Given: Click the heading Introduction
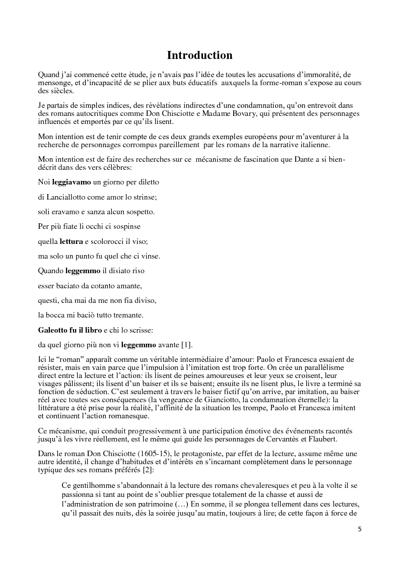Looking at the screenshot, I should (x=199, y=55).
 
